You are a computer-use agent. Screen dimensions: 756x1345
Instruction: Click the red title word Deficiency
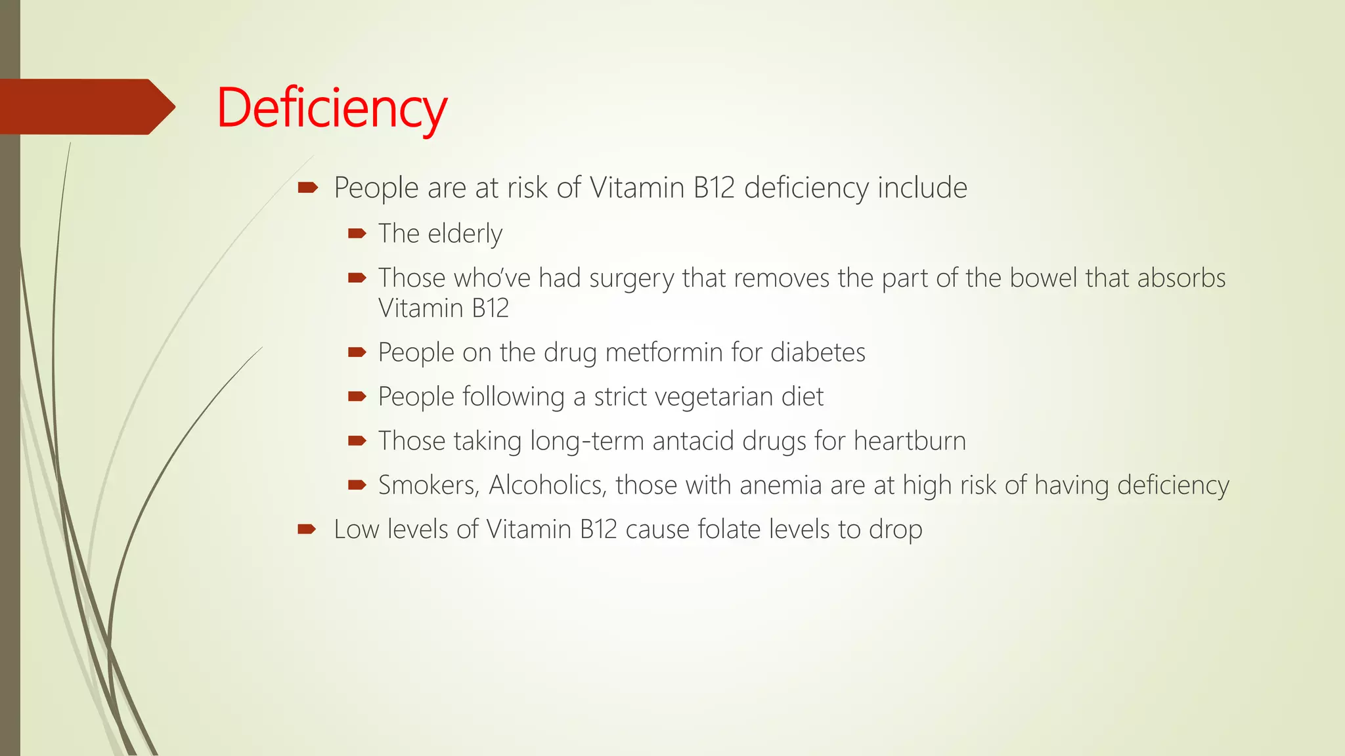(332, 108)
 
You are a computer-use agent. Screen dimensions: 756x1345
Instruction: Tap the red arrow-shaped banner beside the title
(85, 107)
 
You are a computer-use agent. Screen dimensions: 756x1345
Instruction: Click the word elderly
(464, 234)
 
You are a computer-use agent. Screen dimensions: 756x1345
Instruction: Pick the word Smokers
(428, 486)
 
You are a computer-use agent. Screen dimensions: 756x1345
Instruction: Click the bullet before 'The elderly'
(357, 234)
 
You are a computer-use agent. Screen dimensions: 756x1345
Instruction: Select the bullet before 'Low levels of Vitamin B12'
(307, 529)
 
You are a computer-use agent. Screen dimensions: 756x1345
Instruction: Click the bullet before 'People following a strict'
(357, 396)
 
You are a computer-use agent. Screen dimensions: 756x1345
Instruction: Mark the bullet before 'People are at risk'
(307, 188)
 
